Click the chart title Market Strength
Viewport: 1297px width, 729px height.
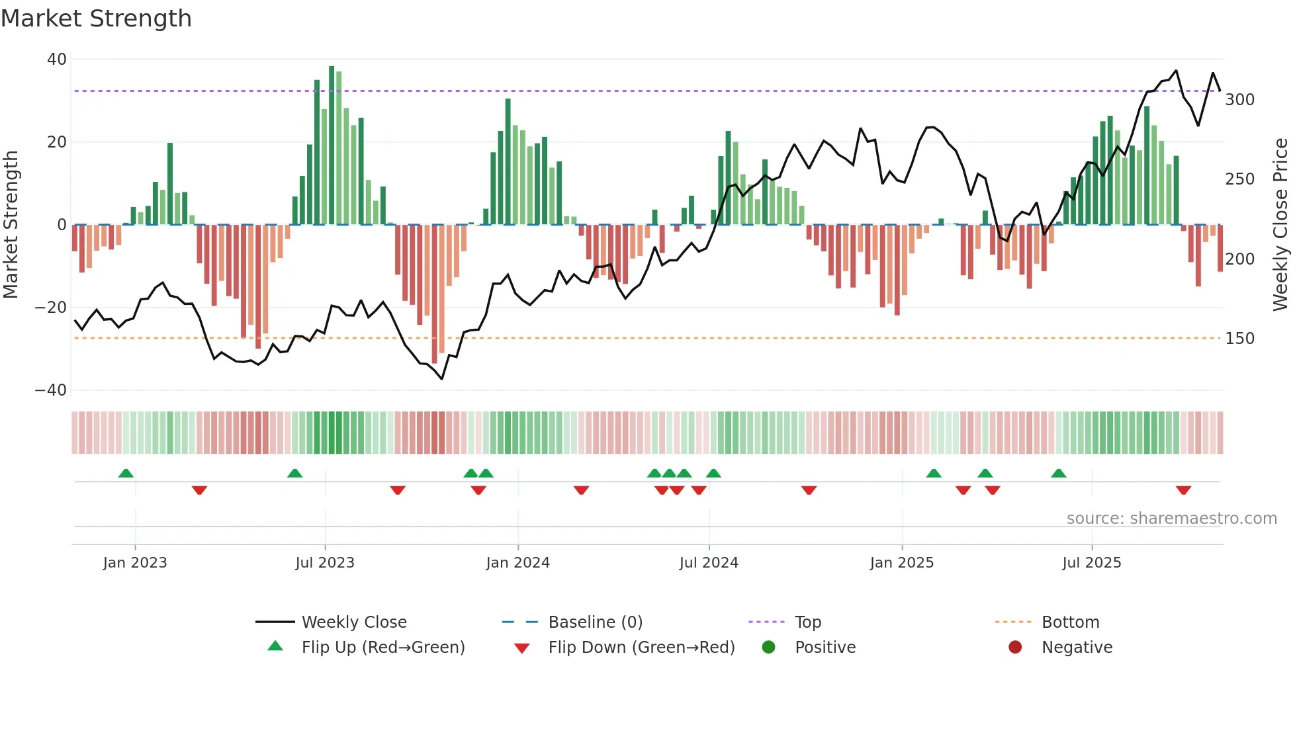[96, 19]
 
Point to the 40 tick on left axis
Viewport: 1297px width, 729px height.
[57, 60]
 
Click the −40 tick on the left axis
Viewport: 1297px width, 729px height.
[51, 390]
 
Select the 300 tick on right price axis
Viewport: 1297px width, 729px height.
[1239, 100]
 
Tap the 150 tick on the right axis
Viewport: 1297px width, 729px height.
[1239, 339]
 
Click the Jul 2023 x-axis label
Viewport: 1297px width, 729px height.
[325, 563]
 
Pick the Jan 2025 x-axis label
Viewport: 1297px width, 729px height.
[901, 563]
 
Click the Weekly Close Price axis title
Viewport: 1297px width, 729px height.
[1280, 225]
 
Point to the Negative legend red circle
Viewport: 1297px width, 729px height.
[1015, 648]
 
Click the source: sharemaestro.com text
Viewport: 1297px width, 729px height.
[1171, 519]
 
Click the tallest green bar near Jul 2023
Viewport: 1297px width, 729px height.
[332, 146]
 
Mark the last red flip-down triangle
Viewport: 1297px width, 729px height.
[1183, 490]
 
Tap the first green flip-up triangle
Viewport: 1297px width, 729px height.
[126, 473]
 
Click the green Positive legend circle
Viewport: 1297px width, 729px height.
[768, 648]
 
